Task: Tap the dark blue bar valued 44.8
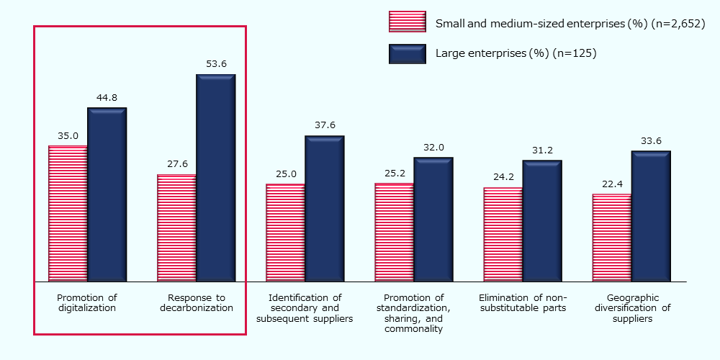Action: click(107, 194)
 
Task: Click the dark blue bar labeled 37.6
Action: click(325, 209)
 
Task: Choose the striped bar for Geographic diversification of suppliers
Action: click(612, 238)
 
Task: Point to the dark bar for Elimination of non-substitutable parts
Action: click(542, 220)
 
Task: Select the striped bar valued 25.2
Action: click(394, 232)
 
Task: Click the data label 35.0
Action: click(68, 135)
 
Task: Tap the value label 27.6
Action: click(176, 164)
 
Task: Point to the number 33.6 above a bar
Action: click(651, 140)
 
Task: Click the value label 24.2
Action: click(503, 177)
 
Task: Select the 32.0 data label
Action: click(433, 147)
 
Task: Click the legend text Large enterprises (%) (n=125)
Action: click(516, 53)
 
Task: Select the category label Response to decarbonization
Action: click(196, 302)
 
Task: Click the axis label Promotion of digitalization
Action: click(86, 302)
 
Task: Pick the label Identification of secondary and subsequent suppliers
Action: click(305, 308)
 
